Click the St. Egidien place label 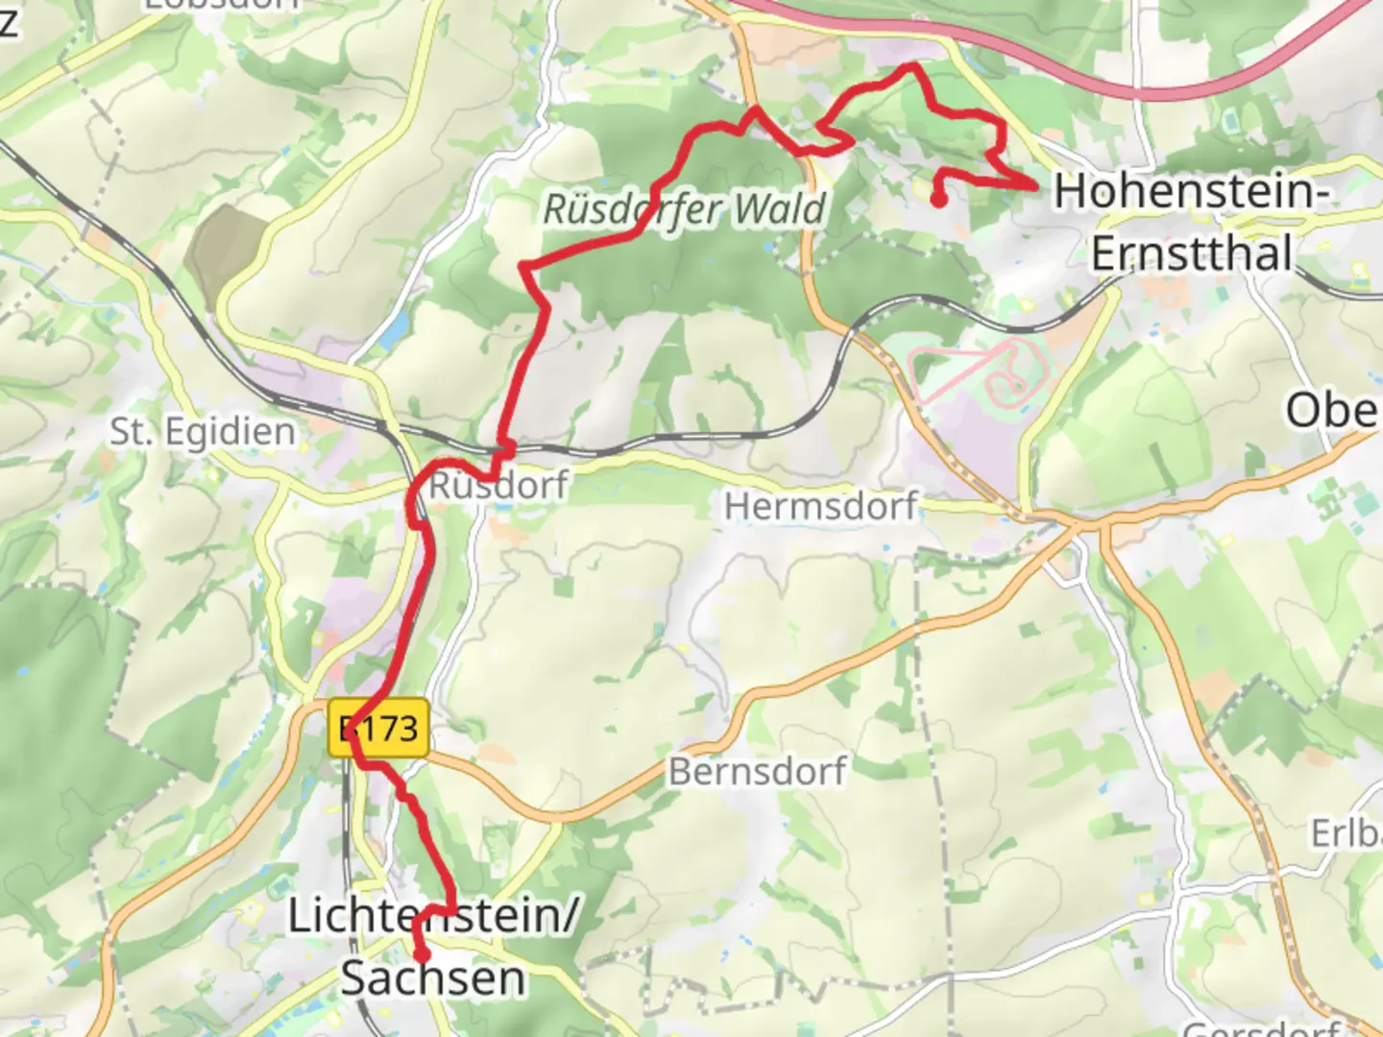tap(202, 432)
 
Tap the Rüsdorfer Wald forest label tap(685, 209)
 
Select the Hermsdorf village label tap(821, 506)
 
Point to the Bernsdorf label tap(758, 771)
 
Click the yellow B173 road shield tap(378, 729)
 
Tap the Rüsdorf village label tap(498, 485)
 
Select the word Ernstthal tap(1191, 254)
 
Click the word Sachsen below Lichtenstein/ tap(433, 978)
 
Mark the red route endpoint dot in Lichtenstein tap(422, 954)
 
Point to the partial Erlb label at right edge tap(1347, 833)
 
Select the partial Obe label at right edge tap(1333, 411)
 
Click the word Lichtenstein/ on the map tap(432, 916)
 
